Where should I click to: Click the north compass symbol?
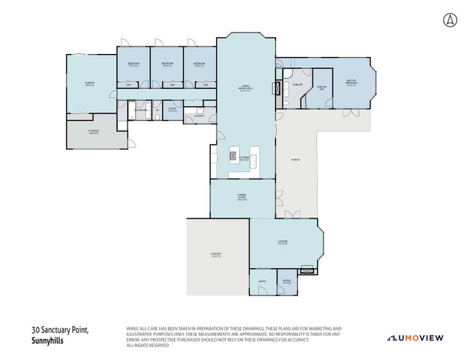[x=450, y=20]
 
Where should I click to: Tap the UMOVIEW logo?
[x=415, y=338]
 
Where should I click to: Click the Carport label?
[x=216, y=255]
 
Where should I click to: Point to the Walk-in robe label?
[x=321, y=88]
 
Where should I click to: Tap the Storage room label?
[x=94, y=131]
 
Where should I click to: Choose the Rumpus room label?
[x=89, y=84]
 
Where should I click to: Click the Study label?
[x=172, y=110]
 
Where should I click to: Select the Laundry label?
[x=199, y=115]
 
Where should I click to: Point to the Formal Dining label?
[x=242, y=198]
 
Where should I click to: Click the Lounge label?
[x=282, y=243]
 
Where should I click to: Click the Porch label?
[x=295, y=160]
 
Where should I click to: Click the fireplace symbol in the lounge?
[x=307, y=270]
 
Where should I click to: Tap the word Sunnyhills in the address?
[x=47, y=340]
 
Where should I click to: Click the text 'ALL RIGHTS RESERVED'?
[x=148, y=346]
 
